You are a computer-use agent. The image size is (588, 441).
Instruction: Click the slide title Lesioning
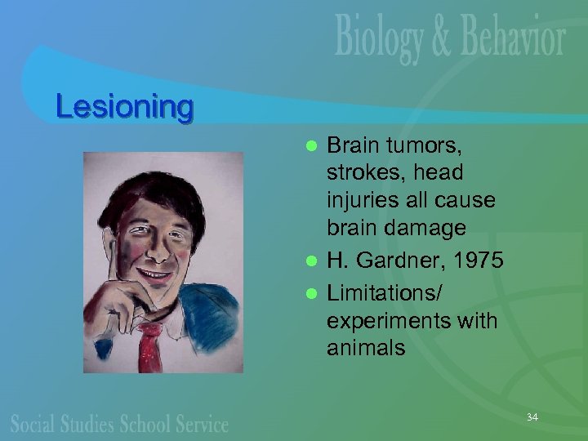[x=124, y=107]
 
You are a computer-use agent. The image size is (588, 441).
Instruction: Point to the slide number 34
[x=532, y=417]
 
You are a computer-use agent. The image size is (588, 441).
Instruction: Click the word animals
[x=365, y=349]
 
